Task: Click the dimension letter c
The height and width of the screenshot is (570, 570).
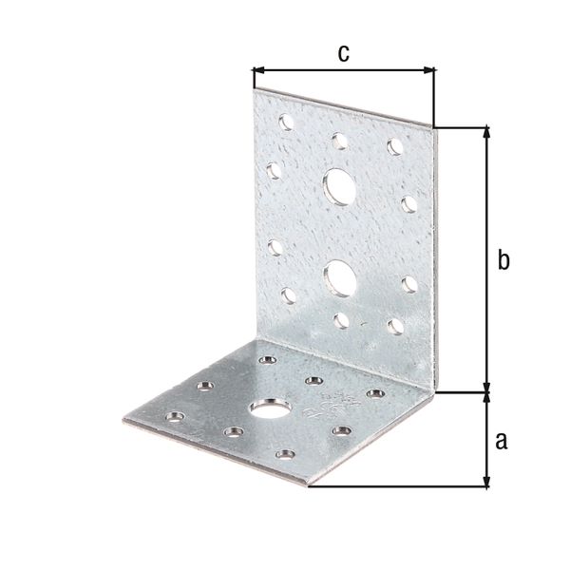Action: [x=344, y=53]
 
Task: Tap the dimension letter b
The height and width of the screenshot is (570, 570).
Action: [x=504, y=259]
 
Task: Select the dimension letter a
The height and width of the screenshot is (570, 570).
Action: [x=503, y=439]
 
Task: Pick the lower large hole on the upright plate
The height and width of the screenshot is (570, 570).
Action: [x=337, y=276]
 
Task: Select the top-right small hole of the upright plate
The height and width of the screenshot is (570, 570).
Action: [x=393, y=145]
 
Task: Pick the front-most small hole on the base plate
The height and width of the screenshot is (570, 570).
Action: [x=281, y=454]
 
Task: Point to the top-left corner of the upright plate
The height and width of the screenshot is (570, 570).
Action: [x=254, y=90]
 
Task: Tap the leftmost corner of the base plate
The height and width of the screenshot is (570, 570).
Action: [x=126, y=419]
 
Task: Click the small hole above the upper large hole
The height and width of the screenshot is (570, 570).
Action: [x=337, y=139]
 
